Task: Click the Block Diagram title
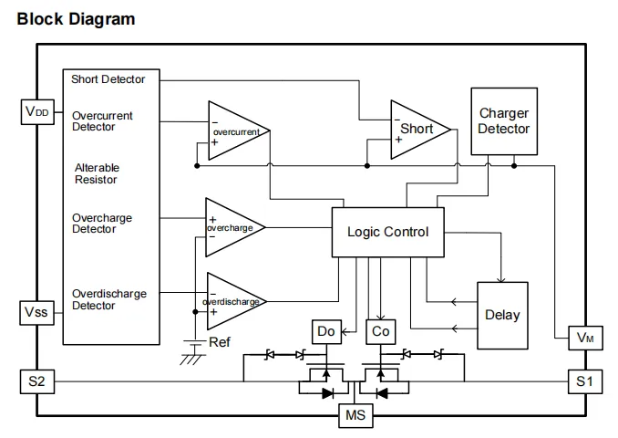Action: tap(76, 18)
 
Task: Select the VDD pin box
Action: tap(37, 112)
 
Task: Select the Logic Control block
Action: tap(387, 231)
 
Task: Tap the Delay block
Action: tap(501, 314)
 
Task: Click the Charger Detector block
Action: tap(503, 121)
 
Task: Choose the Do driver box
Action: tap(324, 331)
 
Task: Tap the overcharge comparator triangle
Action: tap(232, 226)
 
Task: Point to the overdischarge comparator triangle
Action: tap(232, 301)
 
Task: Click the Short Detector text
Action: tap(108, 79)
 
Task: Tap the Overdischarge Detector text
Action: tap(108, 300)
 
